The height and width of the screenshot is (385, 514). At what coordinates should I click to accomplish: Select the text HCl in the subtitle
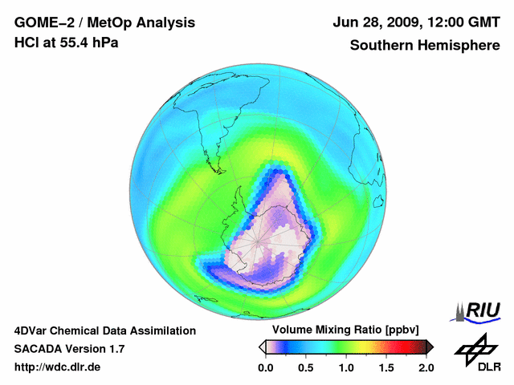(x=28, y=43)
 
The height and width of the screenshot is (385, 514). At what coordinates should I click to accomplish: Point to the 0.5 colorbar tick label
(x=305, y=367)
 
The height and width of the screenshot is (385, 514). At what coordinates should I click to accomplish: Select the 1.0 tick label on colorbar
(x=345, y=367)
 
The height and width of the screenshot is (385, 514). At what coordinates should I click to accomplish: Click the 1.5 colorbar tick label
(x=386, y=367)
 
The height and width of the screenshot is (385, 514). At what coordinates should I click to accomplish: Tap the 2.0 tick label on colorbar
(x=426, y=367)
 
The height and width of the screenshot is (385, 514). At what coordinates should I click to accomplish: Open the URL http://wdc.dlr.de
(x=58, y=367)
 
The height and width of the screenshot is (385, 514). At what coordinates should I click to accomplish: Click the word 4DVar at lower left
(x=33, y=330)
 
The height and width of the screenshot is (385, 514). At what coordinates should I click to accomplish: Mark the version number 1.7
(x=116, y=349)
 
